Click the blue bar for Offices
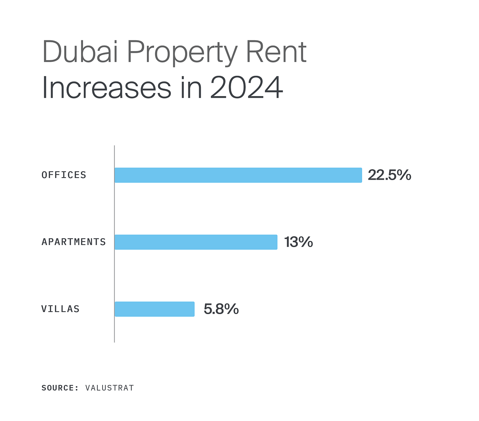coord(238,175)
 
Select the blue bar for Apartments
coord(196,242)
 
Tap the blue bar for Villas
coord(154,309)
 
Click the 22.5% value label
coord(389,175)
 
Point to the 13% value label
coord(298,242)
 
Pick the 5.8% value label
coord(221,309)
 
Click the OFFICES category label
coord(64,175)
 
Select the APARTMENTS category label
coord(73,242)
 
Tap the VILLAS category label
coord(60,309)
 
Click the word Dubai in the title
coord(80,52)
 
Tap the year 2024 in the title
coord(246,88)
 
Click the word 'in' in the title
coord(190,88)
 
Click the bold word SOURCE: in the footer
coord(60,388)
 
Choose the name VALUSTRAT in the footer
coord(110,388)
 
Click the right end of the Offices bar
coord(360,175)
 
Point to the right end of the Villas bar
coord(193,309)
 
